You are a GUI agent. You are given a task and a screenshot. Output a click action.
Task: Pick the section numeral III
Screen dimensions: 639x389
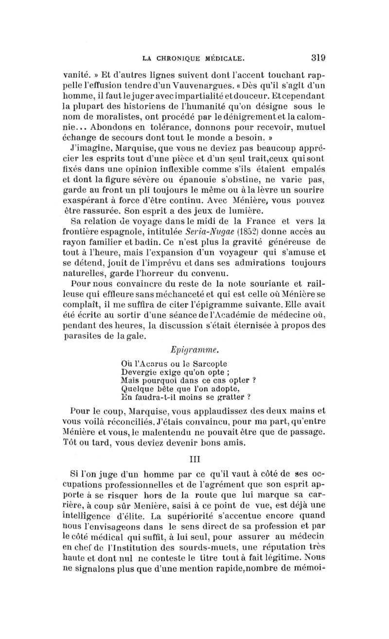coord(194,458)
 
